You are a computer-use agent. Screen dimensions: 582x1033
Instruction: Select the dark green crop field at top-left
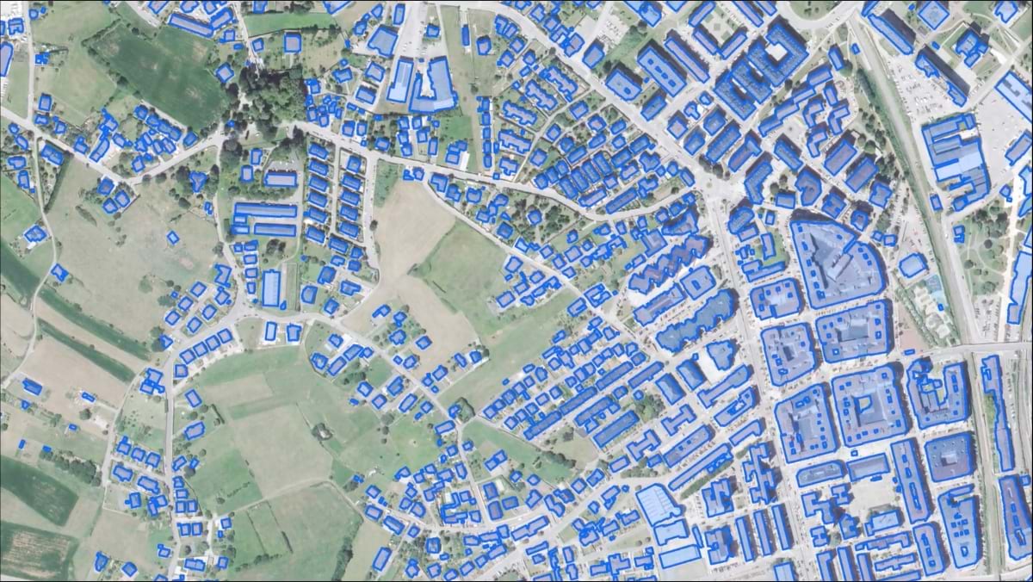click(x=164, y=73)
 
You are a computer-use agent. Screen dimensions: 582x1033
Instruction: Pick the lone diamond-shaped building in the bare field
click(x=173, y=238)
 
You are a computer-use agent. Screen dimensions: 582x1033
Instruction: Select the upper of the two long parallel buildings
click(x=266, y=210)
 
